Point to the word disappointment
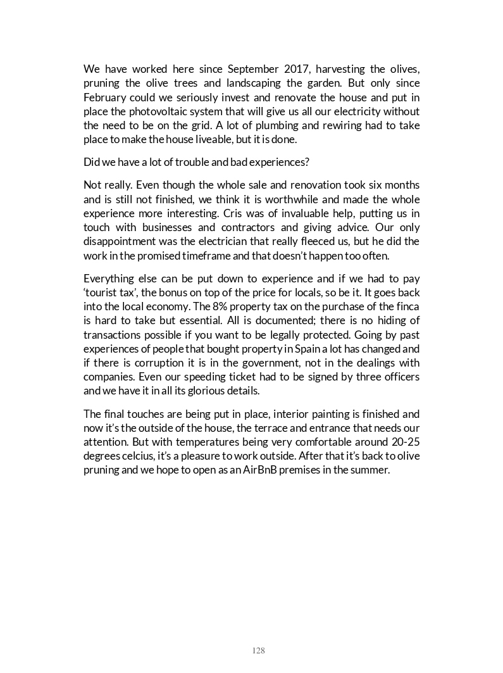[121, 242]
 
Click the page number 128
[258, 650]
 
